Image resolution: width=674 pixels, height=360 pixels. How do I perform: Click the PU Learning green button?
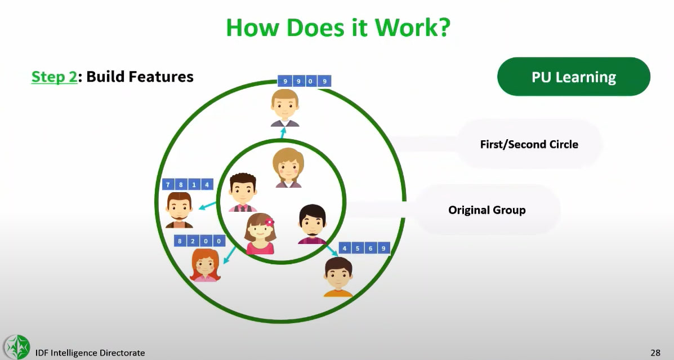coord(573,77)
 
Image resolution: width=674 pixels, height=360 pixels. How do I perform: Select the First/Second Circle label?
coord(529,144)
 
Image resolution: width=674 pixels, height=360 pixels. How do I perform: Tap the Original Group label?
coord(486,210)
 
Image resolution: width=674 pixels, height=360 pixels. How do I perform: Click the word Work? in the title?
coord(412,28)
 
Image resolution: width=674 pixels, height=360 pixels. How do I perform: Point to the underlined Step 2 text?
coord(54,77)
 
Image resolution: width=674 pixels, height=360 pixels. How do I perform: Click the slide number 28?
coord(655,353)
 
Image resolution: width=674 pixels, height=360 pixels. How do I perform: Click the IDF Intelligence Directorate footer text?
coord(90,353)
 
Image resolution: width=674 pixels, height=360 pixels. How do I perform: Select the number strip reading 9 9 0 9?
coord(304,81)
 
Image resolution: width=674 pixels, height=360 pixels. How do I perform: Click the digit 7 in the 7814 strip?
coord(168,185)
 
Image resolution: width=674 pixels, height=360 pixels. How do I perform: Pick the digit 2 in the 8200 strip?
coord(193,241)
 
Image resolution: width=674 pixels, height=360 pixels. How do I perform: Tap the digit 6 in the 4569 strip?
coord(371,248)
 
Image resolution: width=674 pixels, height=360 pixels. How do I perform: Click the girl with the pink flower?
coord(260,234)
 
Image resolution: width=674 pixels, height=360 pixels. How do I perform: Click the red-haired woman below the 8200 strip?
coord(205,265)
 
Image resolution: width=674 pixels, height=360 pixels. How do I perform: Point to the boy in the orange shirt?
coord(338,277)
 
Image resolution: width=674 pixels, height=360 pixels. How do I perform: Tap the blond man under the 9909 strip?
coord(284,108)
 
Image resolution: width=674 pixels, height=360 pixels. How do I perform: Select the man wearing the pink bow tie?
coord(243,192)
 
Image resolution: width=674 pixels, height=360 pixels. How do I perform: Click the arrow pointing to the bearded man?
coord(207,206)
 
